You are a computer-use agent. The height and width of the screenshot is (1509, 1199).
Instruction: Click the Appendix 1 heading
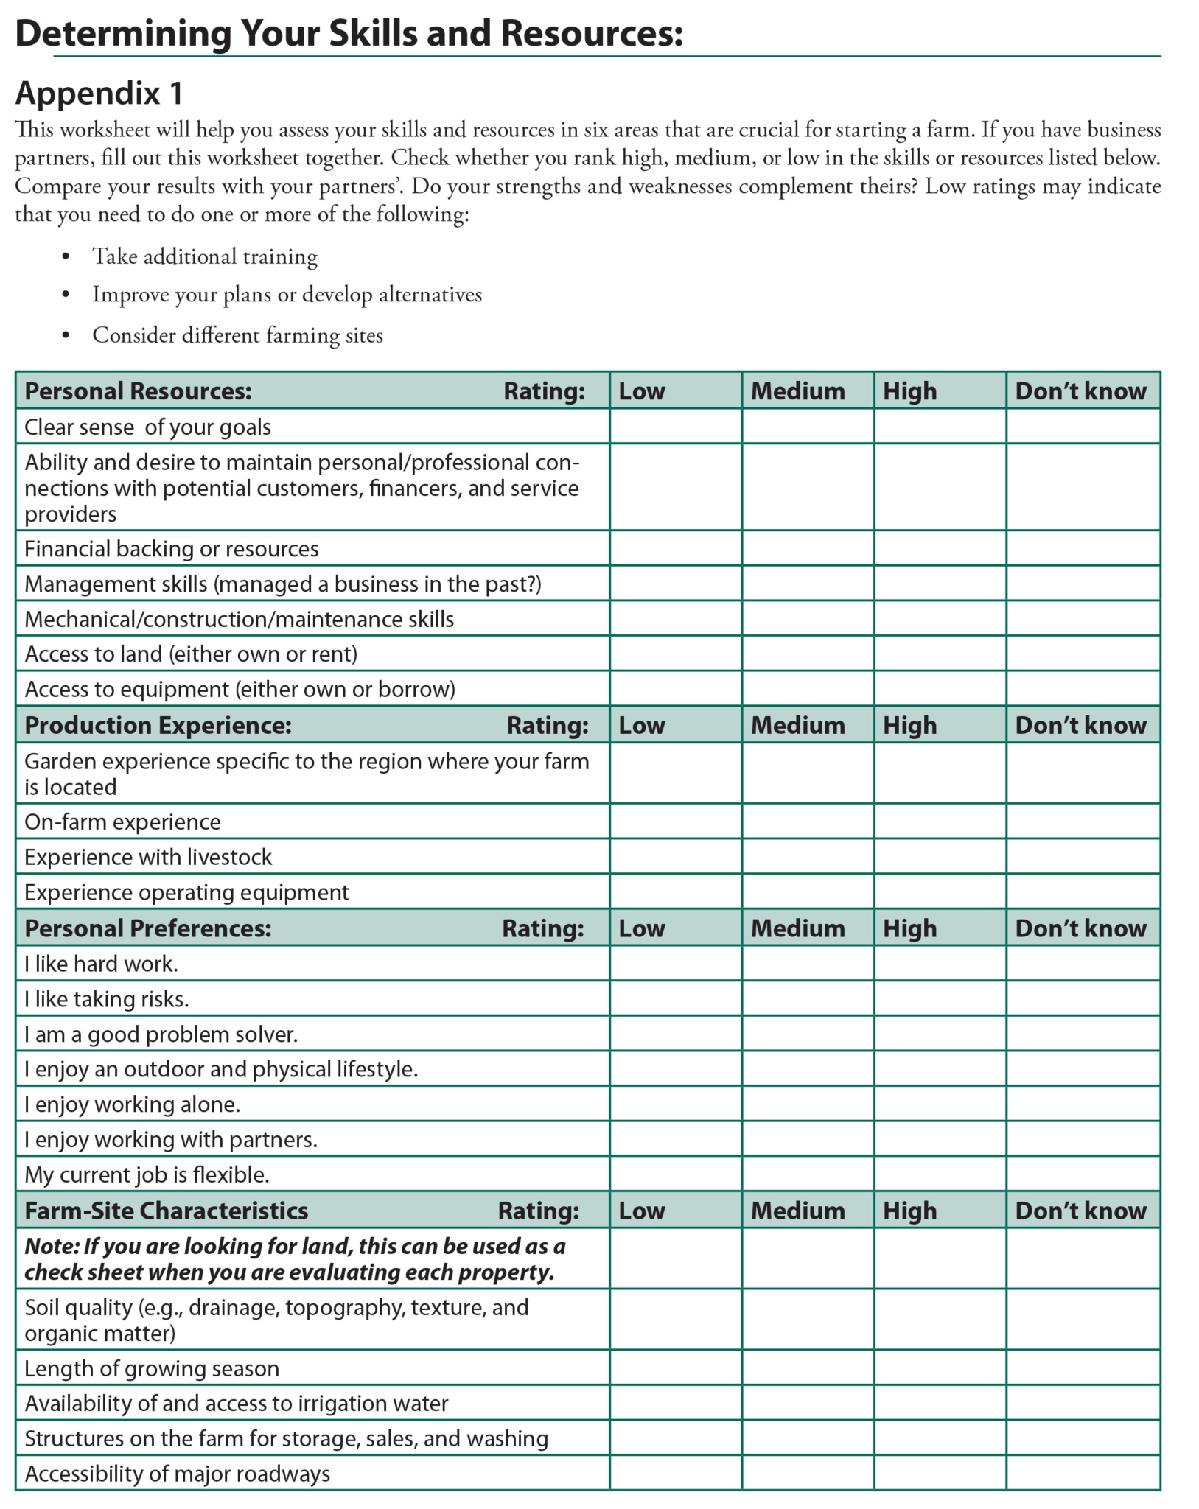pyautogui.click(x=99, y=94)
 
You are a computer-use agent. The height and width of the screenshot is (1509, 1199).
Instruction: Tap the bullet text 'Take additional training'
pyautogui.click(x=204, y=256)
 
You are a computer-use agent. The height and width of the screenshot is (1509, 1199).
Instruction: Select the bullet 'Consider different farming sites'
pyautogui.click(x=237, y=335)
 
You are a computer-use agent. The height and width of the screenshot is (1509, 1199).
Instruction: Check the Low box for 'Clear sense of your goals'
pyautogui.click(x=675, y=427)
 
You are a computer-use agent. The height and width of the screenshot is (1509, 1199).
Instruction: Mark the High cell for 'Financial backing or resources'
pyautogui.click(x=940, y=548)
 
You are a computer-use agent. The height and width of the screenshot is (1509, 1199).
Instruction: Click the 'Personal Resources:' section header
pyautogui.click(x=138, y=391)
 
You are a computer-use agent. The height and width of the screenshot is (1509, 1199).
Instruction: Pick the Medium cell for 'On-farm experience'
pyautogui.click(x=808, y=822)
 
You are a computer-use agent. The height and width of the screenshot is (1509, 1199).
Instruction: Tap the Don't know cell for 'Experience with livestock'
pyautogui.click(x=1083, y=857)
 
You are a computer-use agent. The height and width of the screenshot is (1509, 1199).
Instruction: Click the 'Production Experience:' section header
pyautogui.click(x=158, y=725)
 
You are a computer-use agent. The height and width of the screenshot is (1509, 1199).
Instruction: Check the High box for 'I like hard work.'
pyautogui.click(x=940, y=964)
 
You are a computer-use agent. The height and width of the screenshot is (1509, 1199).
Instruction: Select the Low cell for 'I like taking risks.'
pyautogui.click(x=675, y=999)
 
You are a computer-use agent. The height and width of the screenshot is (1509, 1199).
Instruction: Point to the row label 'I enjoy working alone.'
pyautogui.click(x=133, y=1104)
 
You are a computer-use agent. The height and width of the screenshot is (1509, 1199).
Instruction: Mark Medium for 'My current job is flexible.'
pyautogui.click(x=808, y=1174)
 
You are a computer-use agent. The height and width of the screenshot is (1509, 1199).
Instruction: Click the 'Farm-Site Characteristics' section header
pyautogui.click(x=167, y=1211)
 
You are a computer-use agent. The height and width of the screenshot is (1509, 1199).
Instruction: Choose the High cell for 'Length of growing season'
pyautogui.click(x=940, y=1368)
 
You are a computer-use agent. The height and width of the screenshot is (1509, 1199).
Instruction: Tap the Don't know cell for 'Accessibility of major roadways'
pyautogui.click(x=1083, y=1474)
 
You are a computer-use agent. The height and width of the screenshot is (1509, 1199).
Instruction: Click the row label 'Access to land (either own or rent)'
pyautogui.click(x=191, y=654)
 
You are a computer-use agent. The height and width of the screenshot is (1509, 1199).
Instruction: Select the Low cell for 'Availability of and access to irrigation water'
pyautogui.click(x=675, y=1403)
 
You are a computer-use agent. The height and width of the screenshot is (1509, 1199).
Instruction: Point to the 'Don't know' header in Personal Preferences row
pyautogui.click(x=1080, y=928)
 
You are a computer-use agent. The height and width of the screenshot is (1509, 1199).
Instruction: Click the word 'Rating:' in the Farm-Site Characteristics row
pyautogui.click(x=539, y=1211)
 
